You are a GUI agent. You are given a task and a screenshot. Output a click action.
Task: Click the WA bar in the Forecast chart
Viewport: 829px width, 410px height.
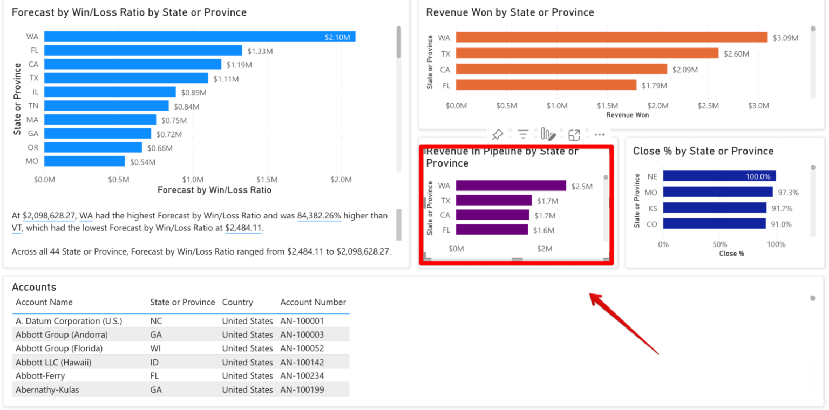pos(200,37)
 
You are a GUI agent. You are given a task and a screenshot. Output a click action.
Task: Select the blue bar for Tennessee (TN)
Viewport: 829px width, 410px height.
pos(106,106)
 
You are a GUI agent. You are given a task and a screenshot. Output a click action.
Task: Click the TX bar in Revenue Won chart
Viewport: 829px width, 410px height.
pos(587,53)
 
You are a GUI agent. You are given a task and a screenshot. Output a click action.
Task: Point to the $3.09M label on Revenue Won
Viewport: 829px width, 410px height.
pos(785,38)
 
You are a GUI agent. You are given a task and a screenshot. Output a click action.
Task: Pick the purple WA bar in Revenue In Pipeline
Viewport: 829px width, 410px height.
pos(511,186)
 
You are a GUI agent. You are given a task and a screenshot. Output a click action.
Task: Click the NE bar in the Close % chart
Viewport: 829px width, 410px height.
pos(719,176)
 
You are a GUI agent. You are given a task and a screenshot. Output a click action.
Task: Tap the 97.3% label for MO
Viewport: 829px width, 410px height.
pos(788,193)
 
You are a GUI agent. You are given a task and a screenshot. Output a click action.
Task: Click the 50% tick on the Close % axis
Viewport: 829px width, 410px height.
pos(719,244)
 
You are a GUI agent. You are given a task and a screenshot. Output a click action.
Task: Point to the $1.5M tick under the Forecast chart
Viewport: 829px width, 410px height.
pos(267,179)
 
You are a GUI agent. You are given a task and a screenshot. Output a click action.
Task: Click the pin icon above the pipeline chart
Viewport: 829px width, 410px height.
pos(498,134)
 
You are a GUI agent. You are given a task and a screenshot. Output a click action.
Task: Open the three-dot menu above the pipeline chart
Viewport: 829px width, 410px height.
pos(600,134)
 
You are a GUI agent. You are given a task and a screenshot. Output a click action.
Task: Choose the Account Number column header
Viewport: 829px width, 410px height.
pos(313,302)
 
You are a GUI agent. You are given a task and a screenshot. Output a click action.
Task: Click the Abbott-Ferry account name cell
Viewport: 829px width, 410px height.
pos(40,376)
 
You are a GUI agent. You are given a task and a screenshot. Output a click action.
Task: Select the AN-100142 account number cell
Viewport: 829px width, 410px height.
pos(302,363)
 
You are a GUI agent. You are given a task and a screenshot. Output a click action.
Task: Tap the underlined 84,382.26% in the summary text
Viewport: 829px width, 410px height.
pos(319,216)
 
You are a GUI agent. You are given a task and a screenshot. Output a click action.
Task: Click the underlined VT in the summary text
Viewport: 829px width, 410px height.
pos(17,228)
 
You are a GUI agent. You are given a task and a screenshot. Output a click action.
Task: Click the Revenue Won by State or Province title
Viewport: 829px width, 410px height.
pos(509,12)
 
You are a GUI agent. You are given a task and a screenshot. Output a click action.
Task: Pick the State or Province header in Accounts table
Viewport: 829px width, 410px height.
pos(182,302)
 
